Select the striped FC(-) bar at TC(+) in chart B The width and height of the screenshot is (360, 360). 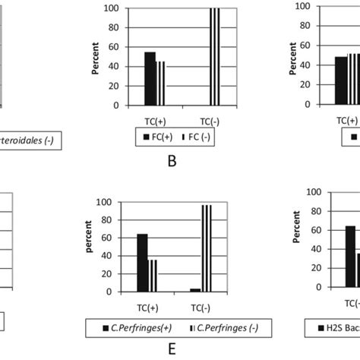(x=160, y=83)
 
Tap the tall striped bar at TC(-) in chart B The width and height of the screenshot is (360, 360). (x=214, y=57)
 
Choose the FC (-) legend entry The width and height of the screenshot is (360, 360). (x=196, y=137)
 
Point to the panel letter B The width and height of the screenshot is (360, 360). (x=172, y=160)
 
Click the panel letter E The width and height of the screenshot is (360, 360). (x=172, y=349)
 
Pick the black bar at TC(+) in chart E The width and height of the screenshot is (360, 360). (x=142, y=263)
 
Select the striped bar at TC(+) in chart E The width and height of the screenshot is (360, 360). (x=153, y=276)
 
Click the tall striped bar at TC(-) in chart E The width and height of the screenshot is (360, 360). (x=206, y=248)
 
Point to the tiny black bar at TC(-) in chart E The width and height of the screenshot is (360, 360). (x=195, y=290)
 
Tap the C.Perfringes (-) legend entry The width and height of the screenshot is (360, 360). (x=223, y=327)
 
